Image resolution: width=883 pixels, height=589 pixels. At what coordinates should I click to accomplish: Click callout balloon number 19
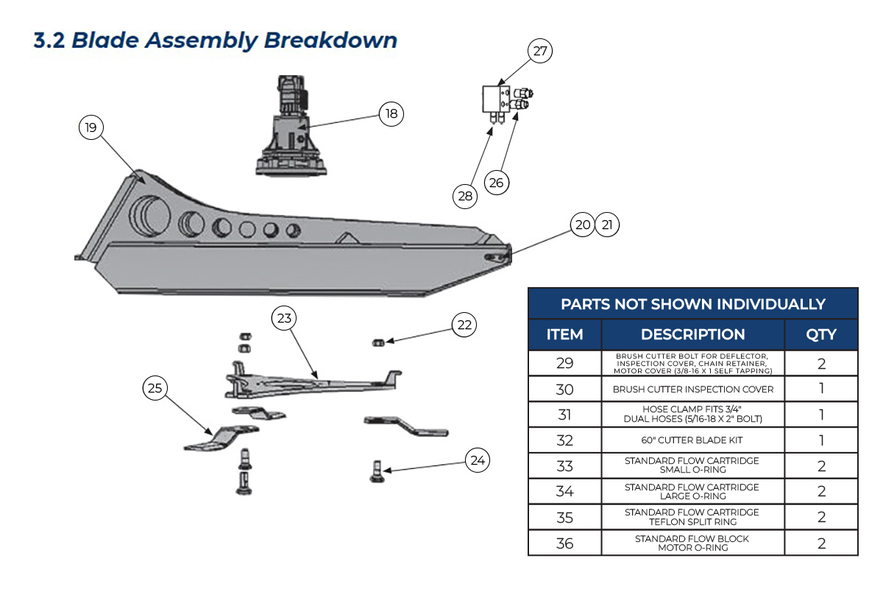91,128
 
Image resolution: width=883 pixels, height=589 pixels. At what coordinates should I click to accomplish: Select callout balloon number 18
391,113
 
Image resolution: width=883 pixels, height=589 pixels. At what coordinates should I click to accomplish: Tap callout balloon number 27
540,52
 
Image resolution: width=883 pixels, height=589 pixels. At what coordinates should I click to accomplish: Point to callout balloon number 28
465,196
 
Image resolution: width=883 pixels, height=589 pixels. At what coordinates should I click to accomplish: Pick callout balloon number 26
496,182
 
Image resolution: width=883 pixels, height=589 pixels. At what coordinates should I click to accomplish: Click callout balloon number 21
607,225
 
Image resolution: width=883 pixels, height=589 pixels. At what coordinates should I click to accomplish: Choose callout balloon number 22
464,325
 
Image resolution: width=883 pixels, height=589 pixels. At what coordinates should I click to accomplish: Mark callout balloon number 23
284,319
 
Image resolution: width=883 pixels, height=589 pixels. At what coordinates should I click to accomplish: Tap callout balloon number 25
155,389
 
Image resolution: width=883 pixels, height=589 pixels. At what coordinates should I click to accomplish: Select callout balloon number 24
478,461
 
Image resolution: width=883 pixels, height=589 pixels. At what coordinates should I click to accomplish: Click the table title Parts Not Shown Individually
692,303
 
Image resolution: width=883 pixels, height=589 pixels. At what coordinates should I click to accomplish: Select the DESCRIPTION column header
692,334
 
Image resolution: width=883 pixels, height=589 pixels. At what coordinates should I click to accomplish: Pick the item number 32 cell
564,440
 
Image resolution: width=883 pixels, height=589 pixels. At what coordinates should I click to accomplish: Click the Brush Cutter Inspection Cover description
692,389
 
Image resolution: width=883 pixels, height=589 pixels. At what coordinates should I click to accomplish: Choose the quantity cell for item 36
821,543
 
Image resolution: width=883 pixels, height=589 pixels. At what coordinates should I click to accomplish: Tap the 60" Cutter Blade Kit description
692,440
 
